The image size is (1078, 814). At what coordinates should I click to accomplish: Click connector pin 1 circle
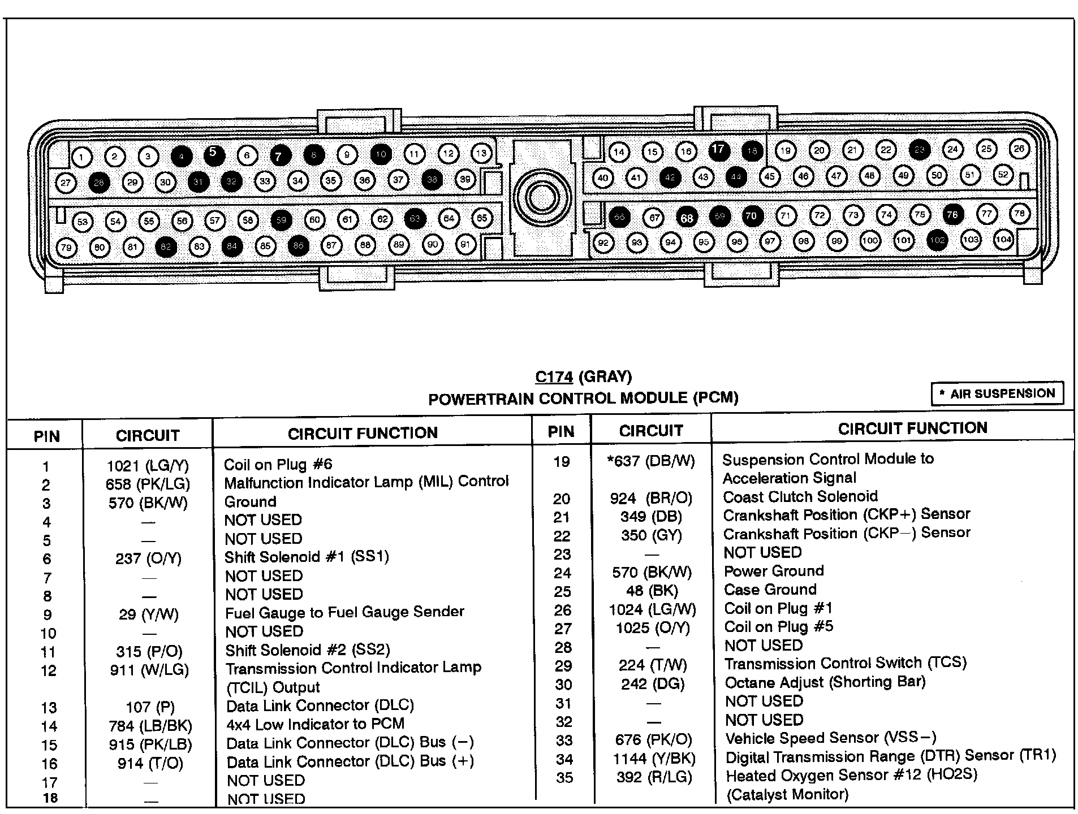point(82,157)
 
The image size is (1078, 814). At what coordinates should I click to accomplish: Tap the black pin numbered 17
point(718,150)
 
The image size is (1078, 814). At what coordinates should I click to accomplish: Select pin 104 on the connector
point(1003,239)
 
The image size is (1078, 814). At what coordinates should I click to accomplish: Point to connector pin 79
point(66,248)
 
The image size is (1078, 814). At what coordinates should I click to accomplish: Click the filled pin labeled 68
point(687,218)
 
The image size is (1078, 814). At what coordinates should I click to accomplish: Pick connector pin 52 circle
point(1003,175)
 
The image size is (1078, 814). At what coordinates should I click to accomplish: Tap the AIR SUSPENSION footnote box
point(997,393)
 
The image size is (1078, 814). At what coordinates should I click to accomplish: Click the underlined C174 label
point(554,377)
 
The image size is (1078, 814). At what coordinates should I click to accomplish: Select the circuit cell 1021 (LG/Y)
point(148,466)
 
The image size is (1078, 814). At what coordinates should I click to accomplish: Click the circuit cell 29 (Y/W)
point(148,614)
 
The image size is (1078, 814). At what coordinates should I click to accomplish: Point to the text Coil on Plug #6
point(278,465)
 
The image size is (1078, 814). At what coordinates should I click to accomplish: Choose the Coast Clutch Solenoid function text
point(800,497)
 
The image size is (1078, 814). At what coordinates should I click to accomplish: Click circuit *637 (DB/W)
point(650,461)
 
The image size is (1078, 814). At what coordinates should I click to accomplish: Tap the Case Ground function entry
point(770,590)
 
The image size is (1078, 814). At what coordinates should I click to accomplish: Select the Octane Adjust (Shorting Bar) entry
point(825,682)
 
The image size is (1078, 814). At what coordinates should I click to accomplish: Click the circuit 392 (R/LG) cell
point(654,777)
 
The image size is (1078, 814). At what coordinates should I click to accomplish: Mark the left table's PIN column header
point(46,436)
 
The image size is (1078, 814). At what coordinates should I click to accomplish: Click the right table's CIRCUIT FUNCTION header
point(912,428)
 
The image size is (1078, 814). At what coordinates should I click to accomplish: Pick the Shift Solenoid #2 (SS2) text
point(307,650)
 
